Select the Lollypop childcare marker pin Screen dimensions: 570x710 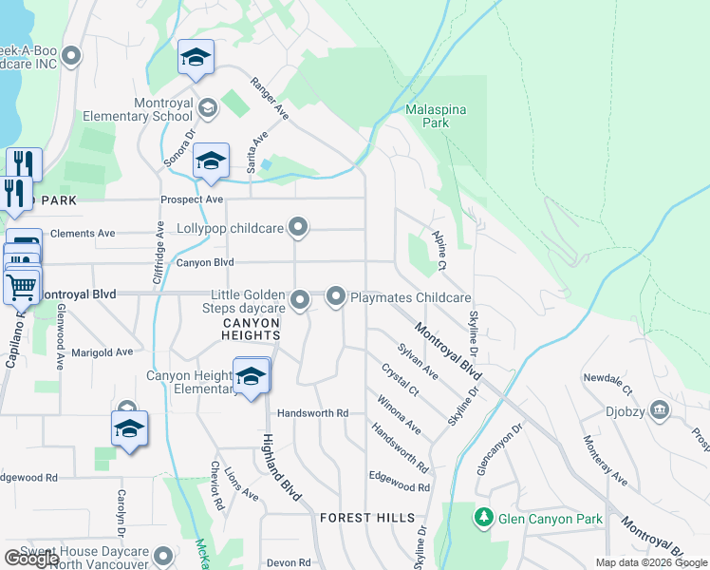[x=299, y=228]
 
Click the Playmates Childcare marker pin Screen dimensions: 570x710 [x=336, y=297]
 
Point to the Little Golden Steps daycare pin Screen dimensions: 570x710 [x=300, y=301]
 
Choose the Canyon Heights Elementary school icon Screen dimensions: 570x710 [x=251, y=376]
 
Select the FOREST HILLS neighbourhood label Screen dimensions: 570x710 [x=367, y=518]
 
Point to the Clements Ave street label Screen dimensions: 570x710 [x=83, y=233]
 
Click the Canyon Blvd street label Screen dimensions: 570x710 [x=204, y=263]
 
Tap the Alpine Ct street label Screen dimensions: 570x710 [x=439, y=248]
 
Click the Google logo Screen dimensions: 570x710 [x=31, y=558]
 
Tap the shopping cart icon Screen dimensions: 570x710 [x=23, y=285]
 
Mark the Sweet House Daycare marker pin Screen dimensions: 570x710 [x=163, y=554]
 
